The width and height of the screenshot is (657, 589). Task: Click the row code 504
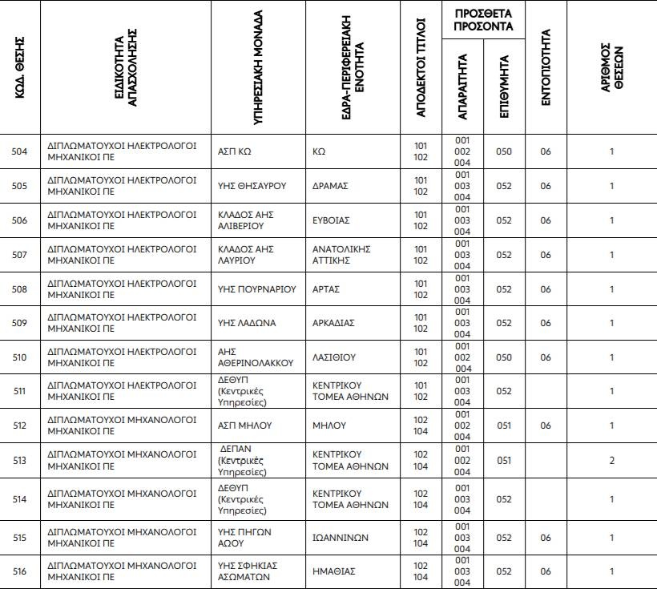click(19, 151)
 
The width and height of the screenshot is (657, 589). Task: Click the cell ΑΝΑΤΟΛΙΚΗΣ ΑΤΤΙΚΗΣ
click(341, 255)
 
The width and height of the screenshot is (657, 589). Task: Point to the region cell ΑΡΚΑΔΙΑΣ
click(333, 323)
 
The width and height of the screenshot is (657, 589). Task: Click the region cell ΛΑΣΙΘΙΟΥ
click(334, 357)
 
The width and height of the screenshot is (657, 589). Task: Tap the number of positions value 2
click(611, 460)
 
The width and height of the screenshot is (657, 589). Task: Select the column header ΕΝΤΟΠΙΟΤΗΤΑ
click(546, 67)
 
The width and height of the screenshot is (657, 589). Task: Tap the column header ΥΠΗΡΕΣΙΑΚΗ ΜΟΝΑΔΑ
click(259, 67)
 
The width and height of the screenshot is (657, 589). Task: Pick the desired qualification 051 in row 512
click(503, 426)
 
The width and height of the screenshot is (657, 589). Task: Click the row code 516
click(19, 571)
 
